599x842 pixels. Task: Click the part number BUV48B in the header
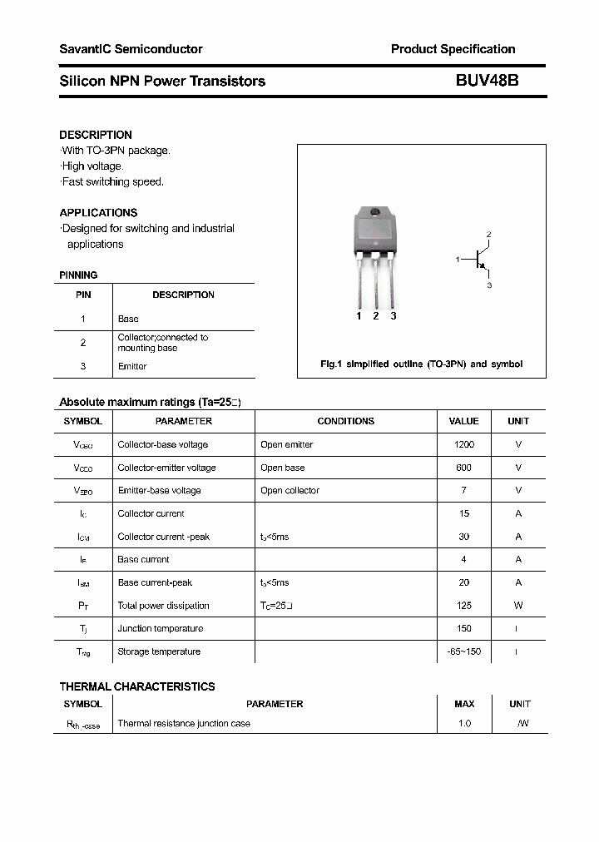pos(487,81)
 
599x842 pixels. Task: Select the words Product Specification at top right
pos(453,49)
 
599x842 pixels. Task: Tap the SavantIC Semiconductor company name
pos(131,49)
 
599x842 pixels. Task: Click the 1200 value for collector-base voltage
pos(463,444)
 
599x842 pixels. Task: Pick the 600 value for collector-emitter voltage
pos(463,468)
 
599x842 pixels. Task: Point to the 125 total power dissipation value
pos(463,606)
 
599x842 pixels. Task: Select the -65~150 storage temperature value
pos(463,651)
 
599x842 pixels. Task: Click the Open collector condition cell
pos(290,491)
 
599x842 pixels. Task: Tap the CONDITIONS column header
pos(345,421)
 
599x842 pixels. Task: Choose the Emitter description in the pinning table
pos(132,366)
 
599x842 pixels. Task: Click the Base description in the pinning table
pos(128,319)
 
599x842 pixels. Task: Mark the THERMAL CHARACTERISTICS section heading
pos(137,686)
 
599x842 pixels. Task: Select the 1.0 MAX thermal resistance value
pos(463,723)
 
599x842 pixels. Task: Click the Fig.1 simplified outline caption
pos(421,364)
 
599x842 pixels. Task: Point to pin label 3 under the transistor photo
pos(393,316)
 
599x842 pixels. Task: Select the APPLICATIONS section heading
pos(98,212)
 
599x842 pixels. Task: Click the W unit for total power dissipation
pos(518,606)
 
